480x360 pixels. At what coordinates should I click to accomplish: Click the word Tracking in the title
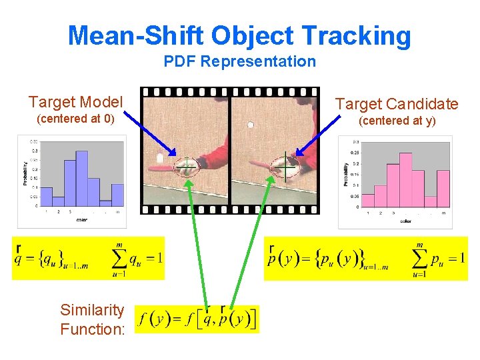[x=356, y=36]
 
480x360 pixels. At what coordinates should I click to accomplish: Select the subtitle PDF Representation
[x=240, y=62]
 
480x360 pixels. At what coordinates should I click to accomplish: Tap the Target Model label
[x=75, y=102]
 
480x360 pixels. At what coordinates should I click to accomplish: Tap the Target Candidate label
[x=397, y=104]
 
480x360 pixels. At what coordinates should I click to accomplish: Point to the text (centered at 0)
[x=75, y=119]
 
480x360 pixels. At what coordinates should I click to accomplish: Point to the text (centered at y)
[x=397, y=121]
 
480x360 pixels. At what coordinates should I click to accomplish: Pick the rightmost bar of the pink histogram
[x=443, y=189]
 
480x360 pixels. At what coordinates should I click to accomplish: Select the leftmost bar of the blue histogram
[x=46, y=196]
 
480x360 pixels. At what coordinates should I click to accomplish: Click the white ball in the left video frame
[x=161, y=159]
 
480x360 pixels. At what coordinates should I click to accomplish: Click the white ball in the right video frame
[x=251, y=124]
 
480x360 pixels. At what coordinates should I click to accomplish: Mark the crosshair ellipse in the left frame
[x=187, y=167]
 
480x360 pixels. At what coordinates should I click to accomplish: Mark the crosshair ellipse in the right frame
[x=285, y=167]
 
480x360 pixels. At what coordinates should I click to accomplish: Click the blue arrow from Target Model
[x=150, y=134]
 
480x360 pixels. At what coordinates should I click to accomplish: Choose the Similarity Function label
[x=92, y=319]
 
